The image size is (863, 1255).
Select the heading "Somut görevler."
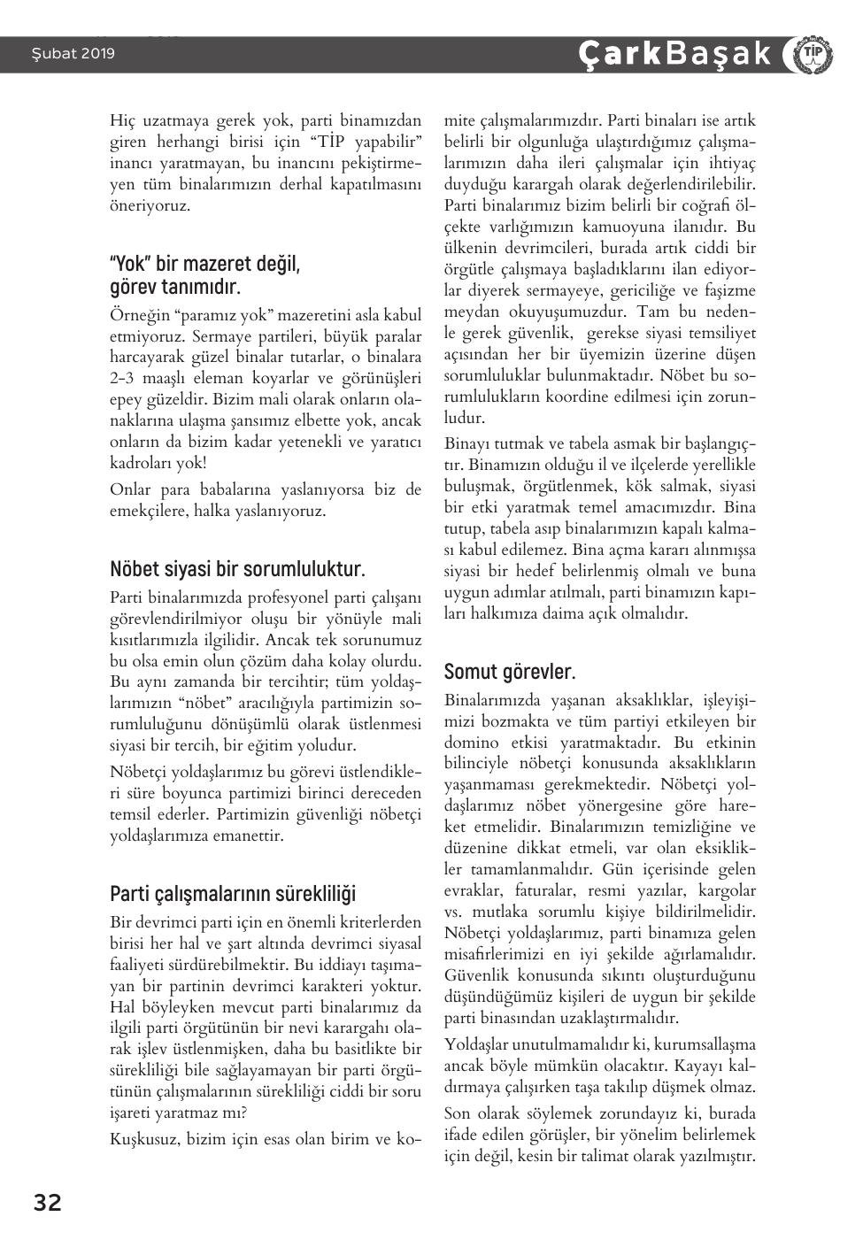[x=510, y=671]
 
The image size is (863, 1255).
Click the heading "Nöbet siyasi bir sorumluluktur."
[x=237, y=568]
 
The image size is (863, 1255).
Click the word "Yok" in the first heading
[x=130, y=264]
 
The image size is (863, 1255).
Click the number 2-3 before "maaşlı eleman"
[x=123, y=379]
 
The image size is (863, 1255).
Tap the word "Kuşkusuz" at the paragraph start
[x=144, y=1138]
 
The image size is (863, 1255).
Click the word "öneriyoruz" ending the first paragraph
[x=147, y=205]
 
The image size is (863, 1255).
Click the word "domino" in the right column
[x=471, y=742]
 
